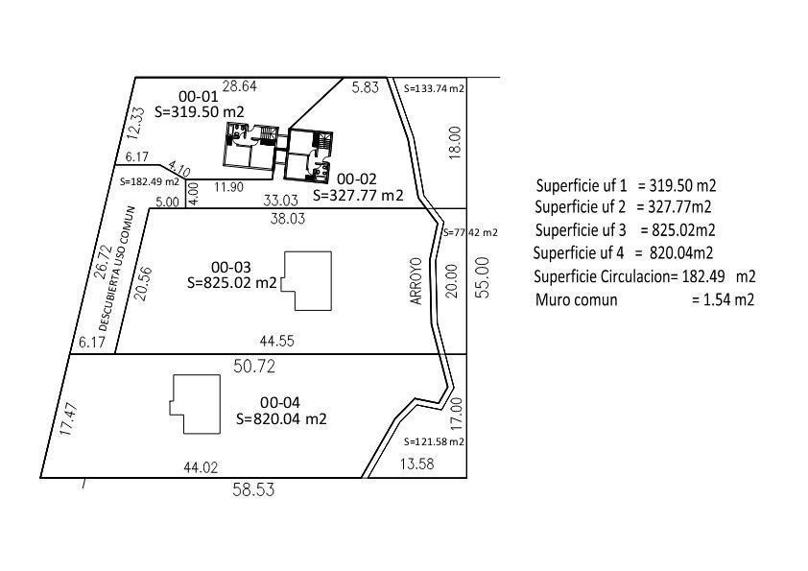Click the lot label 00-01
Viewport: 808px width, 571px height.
[199, 96]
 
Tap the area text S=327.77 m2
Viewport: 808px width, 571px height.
[358, 196]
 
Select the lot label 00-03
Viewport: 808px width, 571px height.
[231, 267]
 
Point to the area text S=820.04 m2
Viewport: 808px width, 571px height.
[281, 418]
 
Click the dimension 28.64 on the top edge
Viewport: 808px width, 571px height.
[240, 86]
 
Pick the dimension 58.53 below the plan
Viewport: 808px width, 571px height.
[253, 489]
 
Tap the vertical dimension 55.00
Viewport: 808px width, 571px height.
[483, 277]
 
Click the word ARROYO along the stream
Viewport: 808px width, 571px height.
[416, 281]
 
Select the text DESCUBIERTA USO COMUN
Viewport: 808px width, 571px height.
[116, 268]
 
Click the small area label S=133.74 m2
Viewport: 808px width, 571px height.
[434, 88]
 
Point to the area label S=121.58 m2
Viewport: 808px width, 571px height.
[434, 441]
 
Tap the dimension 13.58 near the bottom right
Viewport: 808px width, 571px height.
[417, 464]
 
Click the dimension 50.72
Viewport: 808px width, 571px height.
[254, 367]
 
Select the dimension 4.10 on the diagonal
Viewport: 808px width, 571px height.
[179, 170]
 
